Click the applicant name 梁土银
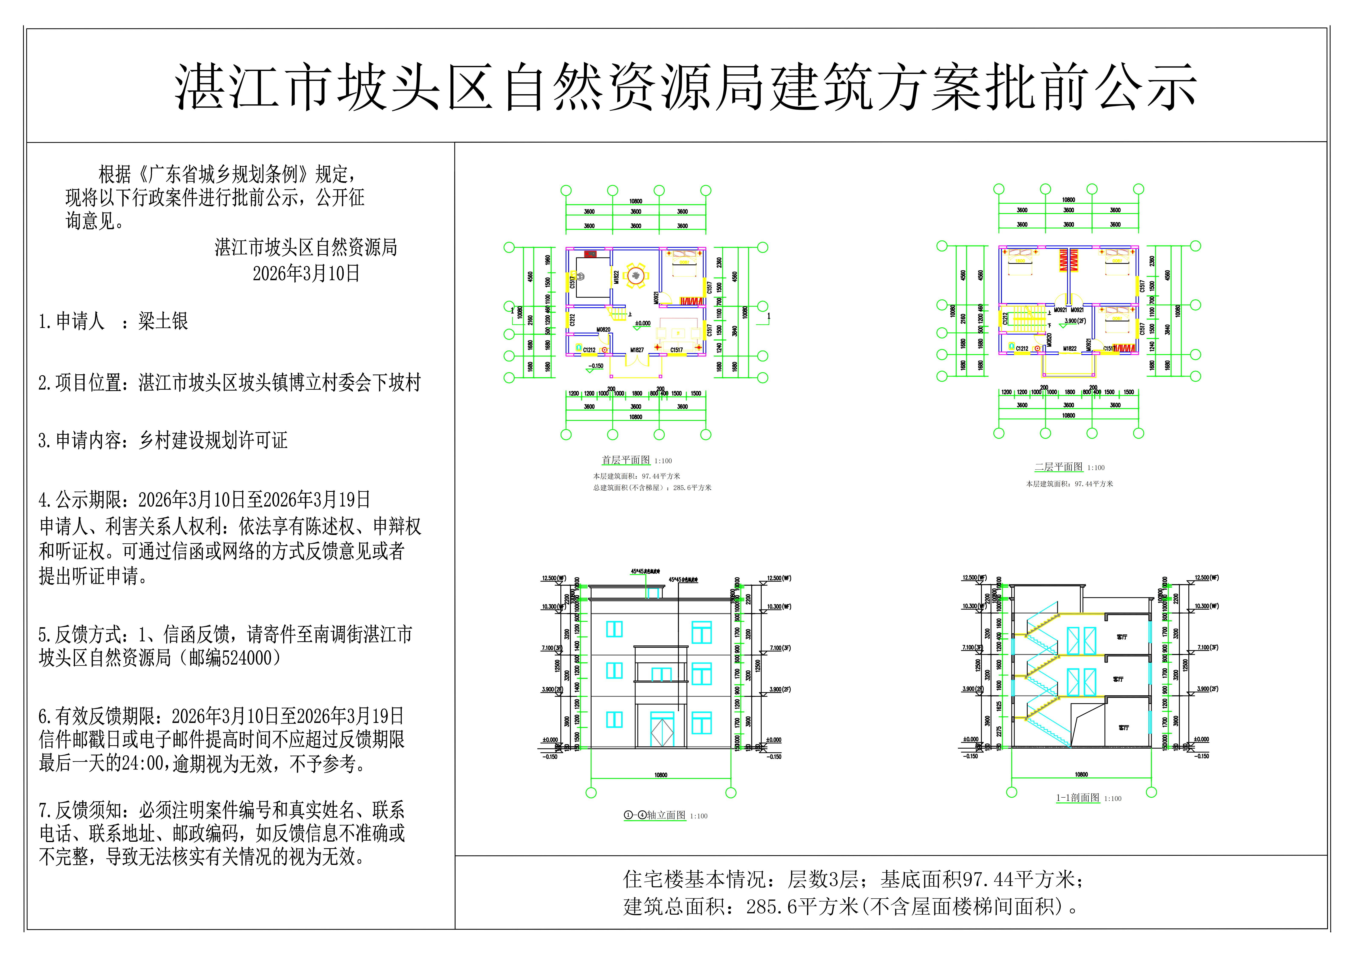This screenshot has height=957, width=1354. pos(163,321)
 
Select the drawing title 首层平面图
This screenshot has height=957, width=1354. pos(626,460)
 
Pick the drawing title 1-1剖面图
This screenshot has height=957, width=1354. pos(1077,798)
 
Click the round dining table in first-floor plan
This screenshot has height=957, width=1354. pos(635,276)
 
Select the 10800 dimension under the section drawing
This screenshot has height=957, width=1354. pos(1081,774)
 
